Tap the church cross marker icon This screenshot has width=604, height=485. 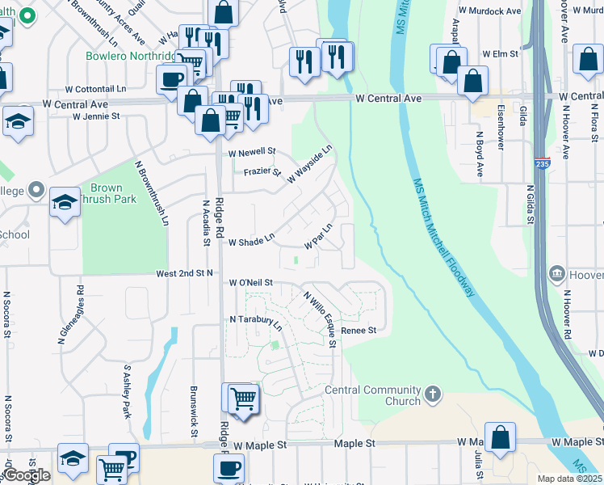point(434,394)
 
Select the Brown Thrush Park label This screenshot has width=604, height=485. point(113,193)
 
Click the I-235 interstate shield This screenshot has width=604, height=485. point(542,164)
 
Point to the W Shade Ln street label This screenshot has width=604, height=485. point(252,242)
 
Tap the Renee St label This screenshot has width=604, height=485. point(359,330)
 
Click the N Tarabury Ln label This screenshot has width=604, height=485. point(256,323)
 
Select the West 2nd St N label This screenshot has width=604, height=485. point(184,274)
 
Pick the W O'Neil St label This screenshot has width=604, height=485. point(251,282)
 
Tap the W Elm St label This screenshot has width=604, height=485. point(499,53)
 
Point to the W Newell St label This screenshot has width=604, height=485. point(252,152)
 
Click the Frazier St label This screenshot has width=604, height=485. point(262,171)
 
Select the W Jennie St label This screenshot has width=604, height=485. point(95,116)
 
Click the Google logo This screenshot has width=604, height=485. point(27,476)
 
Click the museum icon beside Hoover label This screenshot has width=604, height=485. point(556,274)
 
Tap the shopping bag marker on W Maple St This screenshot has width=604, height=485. point(501,437)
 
